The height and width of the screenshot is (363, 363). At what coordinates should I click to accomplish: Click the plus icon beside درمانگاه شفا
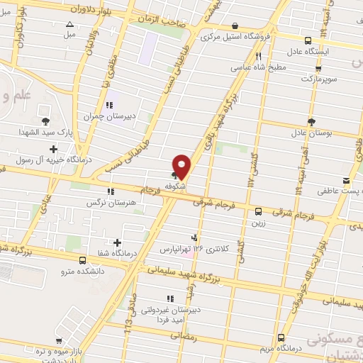click(117, 243)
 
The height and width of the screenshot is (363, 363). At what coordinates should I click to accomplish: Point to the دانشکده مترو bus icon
click(83, 260)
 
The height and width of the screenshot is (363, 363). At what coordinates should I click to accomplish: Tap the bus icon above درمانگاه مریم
click(281, 337)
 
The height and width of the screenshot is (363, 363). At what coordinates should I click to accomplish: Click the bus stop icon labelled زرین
click(258, 211)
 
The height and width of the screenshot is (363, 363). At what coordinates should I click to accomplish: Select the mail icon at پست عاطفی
click(346, 180)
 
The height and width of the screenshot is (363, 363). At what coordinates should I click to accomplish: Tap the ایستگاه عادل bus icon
click(307, 40)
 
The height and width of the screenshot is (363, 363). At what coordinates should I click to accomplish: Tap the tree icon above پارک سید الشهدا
click(45, 121)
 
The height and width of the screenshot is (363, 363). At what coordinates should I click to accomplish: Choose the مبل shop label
click(69, 33)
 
